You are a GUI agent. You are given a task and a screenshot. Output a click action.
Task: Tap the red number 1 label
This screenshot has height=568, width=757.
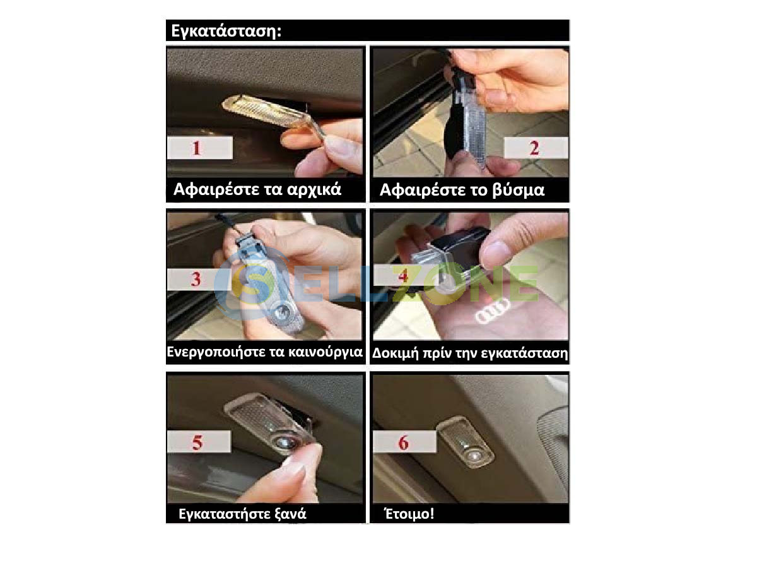pyautogui.click(x=197, y=148)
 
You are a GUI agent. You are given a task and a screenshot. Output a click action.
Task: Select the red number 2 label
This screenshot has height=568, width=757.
pyautogui.click(x=534, y=148)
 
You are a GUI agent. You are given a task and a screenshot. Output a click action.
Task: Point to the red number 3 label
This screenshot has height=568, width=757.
pyautogui.click(x=196, y=279)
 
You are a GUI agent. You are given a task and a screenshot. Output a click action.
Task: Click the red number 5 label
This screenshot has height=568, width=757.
pyautogui.click(x=197, y=442)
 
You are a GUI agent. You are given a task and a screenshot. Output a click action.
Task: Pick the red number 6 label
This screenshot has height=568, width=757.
pyautogui.click(x=404, y=442)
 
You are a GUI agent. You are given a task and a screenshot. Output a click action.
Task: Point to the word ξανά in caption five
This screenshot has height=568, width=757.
pyautogui.click(x=290, y=514)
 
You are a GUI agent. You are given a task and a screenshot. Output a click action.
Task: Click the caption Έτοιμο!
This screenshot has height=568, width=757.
pyautogui.click(x=409, y=514)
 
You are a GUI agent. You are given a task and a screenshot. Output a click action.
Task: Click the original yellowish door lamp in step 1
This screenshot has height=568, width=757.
pyautogui.click(x=267, y=112)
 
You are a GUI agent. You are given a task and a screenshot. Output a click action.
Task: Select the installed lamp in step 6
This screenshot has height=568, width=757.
pyautogui.click(x=466, y=442)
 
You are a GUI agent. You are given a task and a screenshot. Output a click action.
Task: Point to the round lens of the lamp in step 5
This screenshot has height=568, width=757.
pyautogui.click(x=285, y=442)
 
